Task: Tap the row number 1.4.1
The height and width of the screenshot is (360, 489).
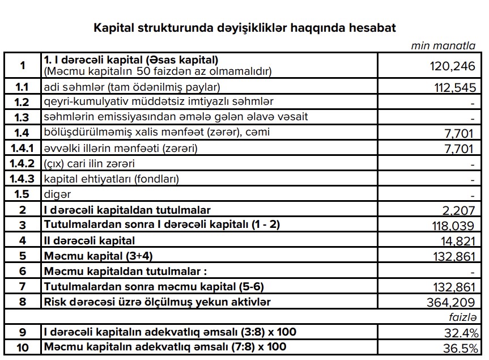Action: click(22, 149)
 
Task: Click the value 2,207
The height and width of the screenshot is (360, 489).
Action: click(458, 211)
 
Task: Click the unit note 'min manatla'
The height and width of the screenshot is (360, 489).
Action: click(443, 46)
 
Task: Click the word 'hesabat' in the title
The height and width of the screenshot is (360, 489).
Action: click(372, 27)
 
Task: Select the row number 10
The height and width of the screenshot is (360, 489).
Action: click(22, 346)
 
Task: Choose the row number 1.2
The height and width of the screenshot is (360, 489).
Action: click(22, 102)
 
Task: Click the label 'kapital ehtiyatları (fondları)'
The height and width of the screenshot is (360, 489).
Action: click(111, 179)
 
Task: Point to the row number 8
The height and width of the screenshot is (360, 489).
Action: click(22, 302)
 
